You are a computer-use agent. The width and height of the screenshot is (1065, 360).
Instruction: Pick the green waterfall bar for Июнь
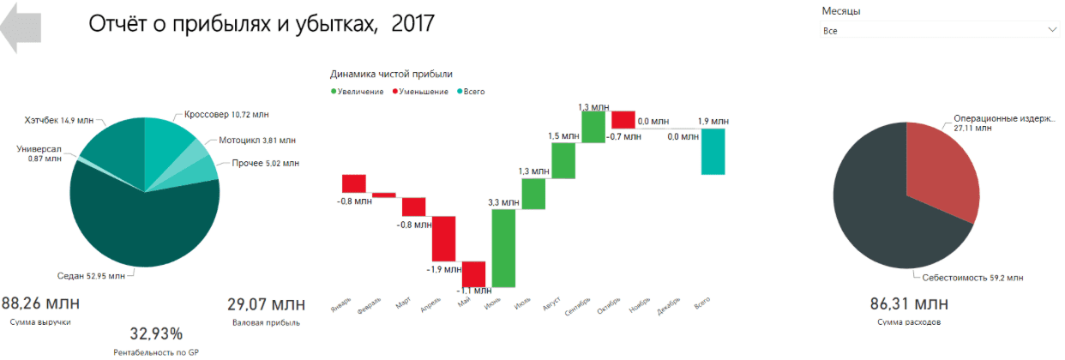pyautogui.click(x=503, y=248)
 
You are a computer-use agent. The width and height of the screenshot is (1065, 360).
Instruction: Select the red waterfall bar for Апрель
pyautogui.click(x=442, y=238)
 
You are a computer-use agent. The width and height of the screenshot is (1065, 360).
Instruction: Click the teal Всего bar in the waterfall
pyautogui.click(x=713, y=152)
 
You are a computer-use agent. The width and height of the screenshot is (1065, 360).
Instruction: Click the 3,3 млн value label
pyautogui.click(x=502, y=202)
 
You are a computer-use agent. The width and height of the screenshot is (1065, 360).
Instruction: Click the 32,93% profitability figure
pyautogui.click(x=156, y=333)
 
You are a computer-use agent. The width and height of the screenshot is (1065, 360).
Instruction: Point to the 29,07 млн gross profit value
pyautogui.click(x=266, y=303)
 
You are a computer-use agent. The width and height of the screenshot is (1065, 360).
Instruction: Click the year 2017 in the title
pyautogui.click(x=412, y=23)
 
